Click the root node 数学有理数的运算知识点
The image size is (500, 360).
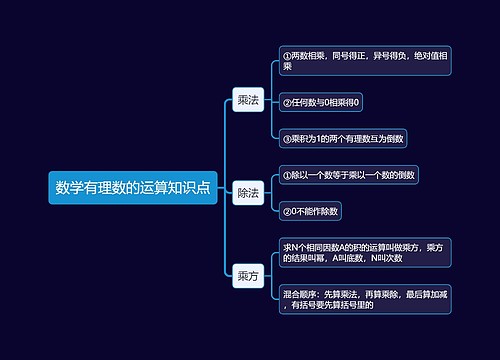pos(132,187)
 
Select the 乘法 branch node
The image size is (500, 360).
pos(247,100)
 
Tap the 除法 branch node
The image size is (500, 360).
pos(247,192)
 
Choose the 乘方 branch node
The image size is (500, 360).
pos(247,275)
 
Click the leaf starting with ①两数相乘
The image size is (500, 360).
pos(365,60)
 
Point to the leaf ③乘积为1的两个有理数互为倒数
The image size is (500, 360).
pos(343,138)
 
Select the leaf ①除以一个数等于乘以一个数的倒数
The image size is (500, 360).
pos(349,175)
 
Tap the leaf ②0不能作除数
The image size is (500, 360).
pos(312,211)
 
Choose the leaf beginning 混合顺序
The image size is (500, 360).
pos(365,299)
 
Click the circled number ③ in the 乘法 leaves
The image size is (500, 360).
pos(287,138)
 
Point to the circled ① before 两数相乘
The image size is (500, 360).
pos(287,55)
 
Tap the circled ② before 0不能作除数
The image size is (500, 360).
pos(287,211)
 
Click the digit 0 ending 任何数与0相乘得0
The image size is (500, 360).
pos(357,102)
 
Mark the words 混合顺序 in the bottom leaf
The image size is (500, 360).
pos(300,294)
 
